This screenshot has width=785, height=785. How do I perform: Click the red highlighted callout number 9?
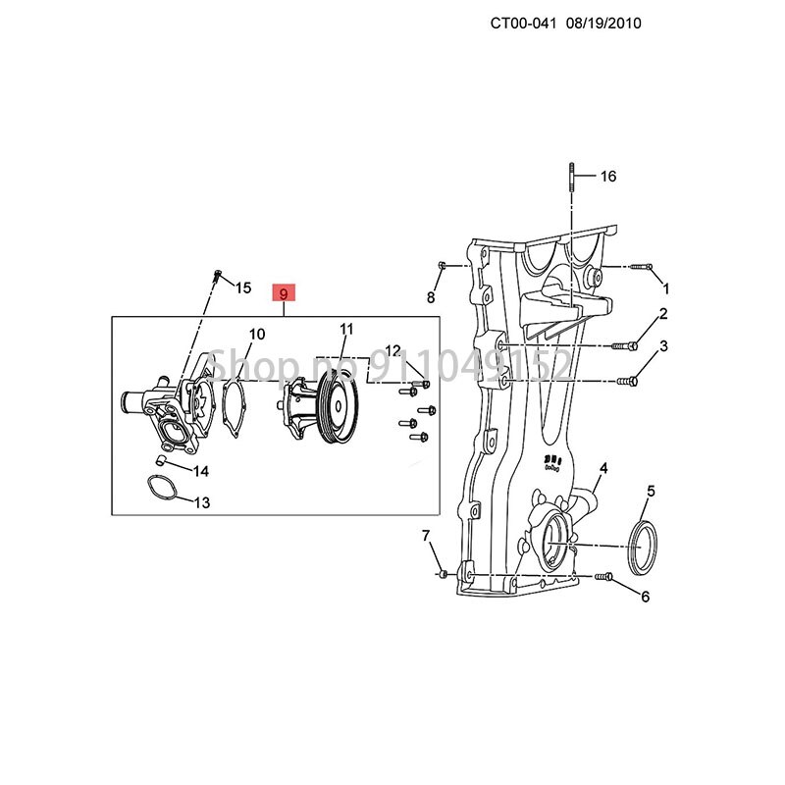(283, 293)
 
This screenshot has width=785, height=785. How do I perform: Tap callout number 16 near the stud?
(608, 177)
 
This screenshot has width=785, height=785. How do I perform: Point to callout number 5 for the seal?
(651, 490)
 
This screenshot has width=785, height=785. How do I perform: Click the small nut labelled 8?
(443, 266)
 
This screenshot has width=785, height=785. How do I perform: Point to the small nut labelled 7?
(442, 572)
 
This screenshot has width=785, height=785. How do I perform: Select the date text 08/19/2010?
(602, 22)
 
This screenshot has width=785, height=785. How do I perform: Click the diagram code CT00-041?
(529, 22)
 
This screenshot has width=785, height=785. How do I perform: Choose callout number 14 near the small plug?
(200, 471)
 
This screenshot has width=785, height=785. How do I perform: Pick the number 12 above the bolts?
(392, 350)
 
